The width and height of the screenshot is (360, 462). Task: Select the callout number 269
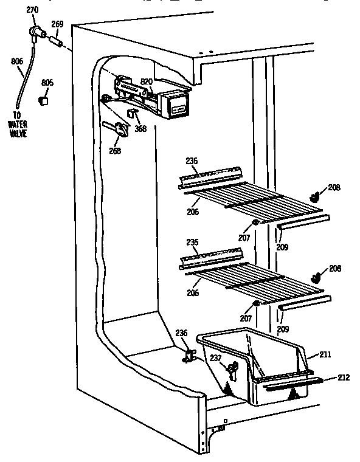(x=57, y=24)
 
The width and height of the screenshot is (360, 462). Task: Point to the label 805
(x=47, y=83)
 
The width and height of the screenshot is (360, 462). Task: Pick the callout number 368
(x=140, y=129)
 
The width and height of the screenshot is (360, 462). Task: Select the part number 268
(x=115, y=151)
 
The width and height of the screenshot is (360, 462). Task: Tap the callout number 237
(x=215, y=358)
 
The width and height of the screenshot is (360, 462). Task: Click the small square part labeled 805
(x=43, y=99)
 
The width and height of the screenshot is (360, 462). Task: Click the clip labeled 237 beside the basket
(x=232, y=368)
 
